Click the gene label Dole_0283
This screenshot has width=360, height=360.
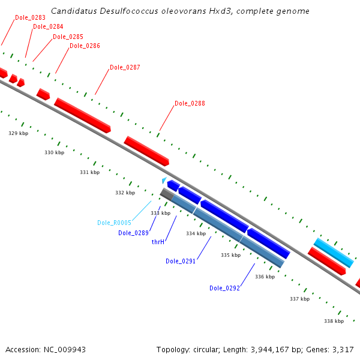pos(30,17)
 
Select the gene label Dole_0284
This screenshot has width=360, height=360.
pos(48,26)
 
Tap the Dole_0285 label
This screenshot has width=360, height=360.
pos(68,37)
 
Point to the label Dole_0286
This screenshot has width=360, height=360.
pos(85,46)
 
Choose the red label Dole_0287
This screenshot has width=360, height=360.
pos(125,67)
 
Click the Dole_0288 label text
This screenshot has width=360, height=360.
pos(190,103)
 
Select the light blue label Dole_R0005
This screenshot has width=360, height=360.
pos(114,223)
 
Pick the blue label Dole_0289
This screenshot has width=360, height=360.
pos(133,233)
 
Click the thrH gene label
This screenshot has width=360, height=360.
pos(158,242)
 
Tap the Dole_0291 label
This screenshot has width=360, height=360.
pos(181,261)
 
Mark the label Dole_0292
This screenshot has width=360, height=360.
pos(224,288)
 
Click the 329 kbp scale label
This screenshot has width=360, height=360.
pos(18,133)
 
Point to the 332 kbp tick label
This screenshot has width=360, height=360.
pos(125,193)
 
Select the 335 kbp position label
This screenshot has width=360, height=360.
pos(230,255)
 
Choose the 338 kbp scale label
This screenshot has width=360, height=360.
pos(334,321)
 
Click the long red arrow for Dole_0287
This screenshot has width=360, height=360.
pos(82,115)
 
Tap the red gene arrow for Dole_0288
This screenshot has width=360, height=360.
pos(146,151)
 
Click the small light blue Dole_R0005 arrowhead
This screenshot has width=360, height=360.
pos(164,179)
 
